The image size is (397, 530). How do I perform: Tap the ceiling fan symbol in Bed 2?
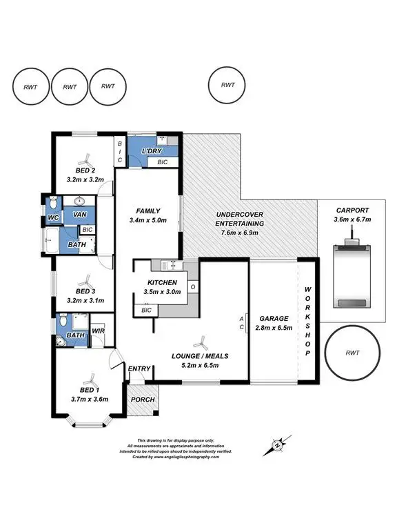click(83, 157)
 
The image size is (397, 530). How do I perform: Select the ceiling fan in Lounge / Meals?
click(200, 342)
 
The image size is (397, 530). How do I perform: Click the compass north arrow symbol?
click(278, 444)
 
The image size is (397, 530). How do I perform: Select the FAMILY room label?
click(149, 211)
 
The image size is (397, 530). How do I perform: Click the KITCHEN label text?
click(163, 283)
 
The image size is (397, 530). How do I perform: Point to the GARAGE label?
click(274, 319)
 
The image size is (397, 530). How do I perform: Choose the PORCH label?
click(143, 400)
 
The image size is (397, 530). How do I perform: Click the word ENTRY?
click(139, 369)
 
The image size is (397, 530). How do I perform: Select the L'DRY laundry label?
click(151, 150)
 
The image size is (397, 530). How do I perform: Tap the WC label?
click(52, 218)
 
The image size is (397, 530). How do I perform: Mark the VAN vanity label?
click(79, 215)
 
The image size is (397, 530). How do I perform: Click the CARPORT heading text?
click(352, 210)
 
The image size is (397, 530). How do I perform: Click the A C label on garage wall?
click(241, 323)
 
